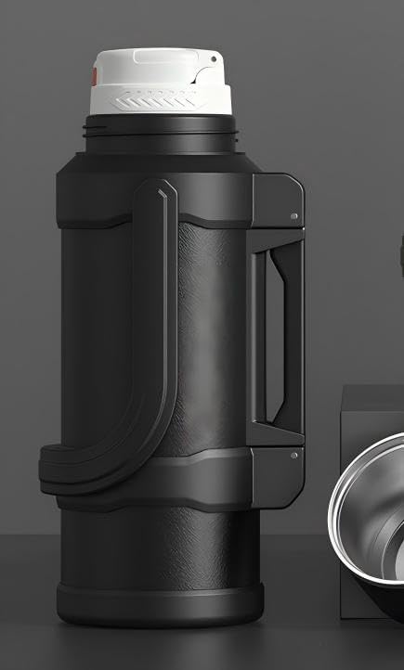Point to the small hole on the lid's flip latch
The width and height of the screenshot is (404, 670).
pos(212,62)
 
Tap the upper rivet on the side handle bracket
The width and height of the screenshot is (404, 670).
pos(293,215)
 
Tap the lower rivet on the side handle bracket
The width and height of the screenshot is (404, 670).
pos(293,456)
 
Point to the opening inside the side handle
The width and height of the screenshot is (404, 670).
pos(267,334)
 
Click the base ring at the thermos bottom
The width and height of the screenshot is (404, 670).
pos(149,608)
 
